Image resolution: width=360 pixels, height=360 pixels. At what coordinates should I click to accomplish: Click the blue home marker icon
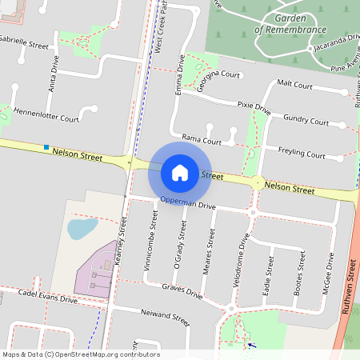click(180, 172)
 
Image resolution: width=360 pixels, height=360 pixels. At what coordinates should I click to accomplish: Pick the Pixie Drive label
click(254, 106)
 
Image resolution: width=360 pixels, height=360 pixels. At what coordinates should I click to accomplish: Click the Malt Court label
click(294, 84)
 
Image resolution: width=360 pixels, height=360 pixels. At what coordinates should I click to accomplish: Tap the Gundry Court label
click(306, 122)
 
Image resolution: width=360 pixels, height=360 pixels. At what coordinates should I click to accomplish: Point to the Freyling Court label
click(302, 153)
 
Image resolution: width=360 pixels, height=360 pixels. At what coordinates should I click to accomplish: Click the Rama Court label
click(202, 140)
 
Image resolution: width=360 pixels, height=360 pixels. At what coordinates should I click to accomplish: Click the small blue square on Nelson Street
click(47, 147)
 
